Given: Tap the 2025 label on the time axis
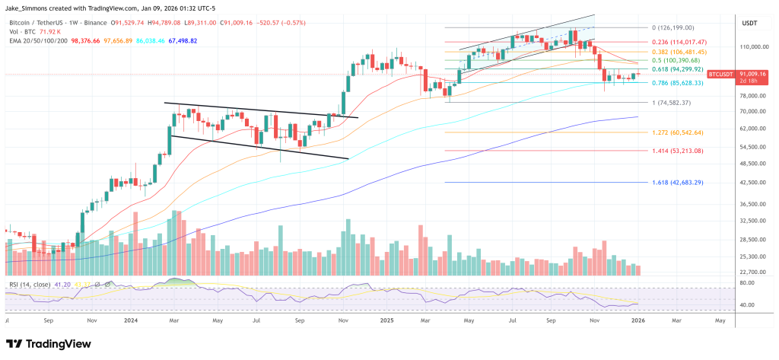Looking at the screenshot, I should coord(387,320).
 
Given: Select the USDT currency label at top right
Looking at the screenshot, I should coord(749,24).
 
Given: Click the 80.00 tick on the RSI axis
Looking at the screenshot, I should coord(747,282).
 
